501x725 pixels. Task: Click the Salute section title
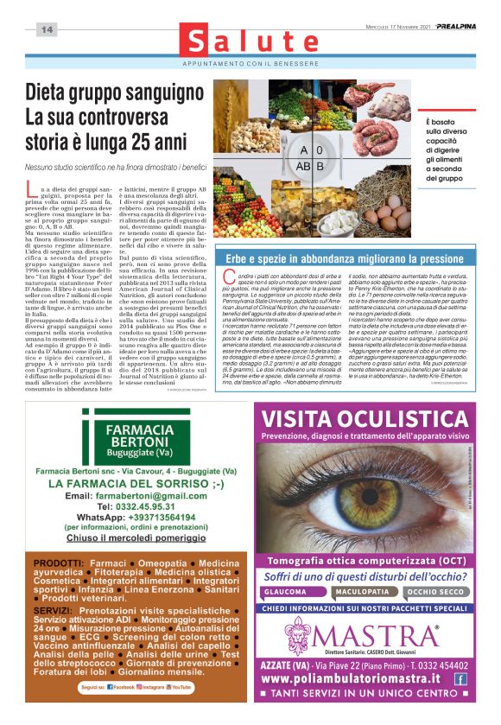[x=250, y=41]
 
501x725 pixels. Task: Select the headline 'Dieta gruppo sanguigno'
[x=111, y=93]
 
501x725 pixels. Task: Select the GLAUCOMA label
[x=285, y=593]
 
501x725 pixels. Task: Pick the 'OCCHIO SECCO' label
[x=434, y=593]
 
